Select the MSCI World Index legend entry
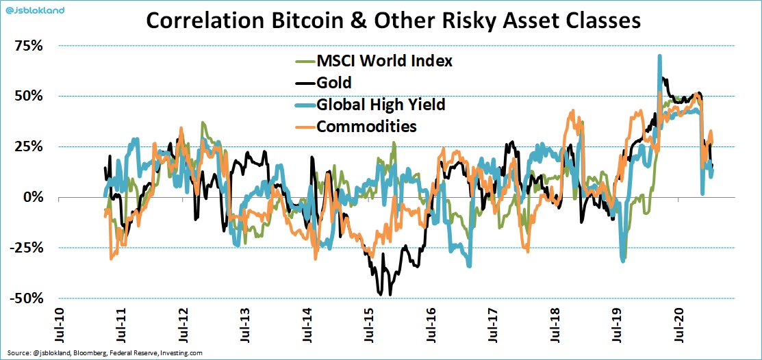click(384, 61)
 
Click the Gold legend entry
click(334, 83)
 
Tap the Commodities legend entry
click(366, 127)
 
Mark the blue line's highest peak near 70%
click(659, 57)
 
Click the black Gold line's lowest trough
click(390, 294)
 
